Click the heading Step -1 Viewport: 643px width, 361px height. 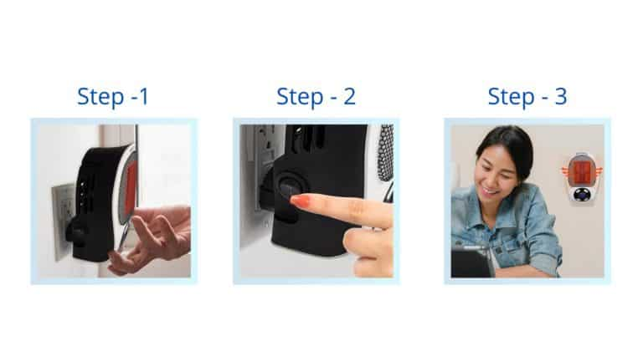[x=113, y=97]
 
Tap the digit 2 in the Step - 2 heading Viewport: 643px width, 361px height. [x=349, y=97]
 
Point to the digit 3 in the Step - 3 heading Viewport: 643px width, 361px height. [x=561, y=97]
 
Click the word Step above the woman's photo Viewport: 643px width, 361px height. [x=511, y=98]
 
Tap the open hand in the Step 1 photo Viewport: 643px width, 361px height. [x=152, y=238]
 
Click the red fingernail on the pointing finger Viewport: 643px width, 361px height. [x=300, y=201]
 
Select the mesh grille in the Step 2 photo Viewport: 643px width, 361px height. [x=385, y=152]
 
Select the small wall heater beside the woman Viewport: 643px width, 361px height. [x=583, y=176]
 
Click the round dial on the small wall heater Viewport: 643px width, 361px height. [x=582, y=194]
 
